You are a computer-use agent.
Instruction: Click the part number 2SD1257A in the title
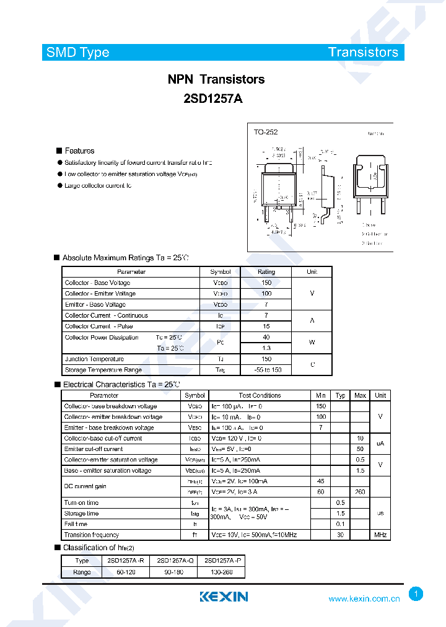(214, 97)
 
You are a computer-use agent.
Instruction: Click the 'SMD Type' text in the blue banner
(77, 53)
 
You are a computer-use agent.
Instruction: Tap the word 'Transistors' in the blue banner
(363, 53)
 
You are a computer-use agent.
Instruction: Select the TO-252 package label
(266, 132)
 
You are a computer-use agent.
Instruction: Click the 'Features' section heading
(79, 151)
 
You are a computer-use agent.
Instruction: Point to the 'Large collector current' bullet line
(98, 185)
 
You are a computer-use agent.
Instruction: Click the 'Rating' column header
(266, 272)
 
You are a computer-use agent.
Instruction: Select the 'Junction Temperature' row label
(94, 359)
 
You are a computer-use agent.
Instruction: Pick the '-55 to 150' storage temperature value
(266, 370)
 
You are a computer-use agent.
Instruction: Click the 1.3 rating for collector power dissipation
(266, 348)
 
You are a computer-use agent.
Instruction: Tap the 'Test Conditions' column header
(260, 395)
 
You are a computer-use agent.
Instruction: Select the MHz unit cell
(380, 535)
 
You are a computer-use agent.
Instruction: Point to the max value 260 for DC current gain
(360, 492)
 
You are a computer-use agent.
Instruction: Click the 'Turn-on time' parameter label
(81, 502)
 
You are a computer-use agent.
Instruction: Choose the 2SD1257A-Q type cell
(173, 560)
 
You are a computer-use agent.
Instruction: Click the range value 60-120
(126, 572)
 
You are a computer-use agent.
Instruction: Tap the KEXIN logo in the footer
(223, 597)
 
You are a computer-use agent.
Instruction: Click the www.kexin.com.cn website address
(364, 598)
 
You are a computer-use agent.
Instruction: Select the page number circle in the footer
(416, 594)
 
